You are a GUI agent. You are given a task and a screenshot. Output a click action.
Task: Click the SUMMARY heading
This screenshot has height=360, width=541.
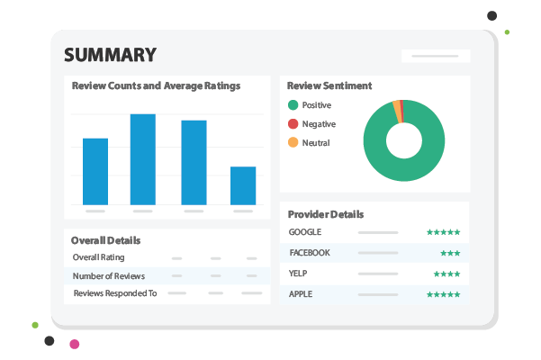109,55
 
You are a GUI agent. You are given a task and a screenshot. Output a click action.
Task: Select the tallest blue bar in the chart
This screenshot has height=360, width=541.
143,159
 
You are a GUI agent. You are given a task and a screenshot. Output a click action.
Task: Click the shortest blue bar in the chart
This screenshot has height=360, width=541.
243,185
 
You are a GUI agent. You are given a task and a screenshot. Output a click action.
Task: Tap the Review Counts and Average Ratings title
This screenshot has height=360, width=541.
156,86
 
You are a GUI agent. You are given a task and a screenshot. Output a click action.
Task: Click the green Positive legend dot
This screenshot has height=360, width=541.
292,105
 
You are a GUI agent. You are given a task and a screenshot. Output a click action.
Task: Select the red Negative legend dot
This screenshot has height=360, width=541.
292,124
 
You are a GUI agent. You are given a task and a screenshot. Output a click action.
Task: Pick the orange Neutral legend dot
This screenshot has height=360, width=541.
292,143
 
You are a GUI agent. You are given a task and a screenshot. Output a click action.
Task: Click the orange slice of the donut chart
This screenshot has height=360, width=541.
397,110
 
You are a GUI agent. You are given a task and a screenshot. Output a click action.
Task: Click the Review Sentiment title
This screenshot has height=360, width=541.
329,86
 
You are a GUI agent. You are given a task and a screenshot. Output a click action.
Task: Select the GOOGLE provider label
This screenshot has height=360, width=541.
305,232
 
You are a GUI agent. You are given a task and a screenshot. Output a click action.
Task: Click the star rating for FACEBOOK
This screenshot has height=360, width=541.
450,253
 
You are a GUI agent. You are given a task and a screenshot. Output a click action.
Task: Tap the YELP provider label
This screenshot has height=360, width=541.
299,274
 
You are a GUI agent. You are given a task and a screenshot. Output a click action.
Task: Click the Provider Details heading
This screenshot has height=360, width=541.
326,214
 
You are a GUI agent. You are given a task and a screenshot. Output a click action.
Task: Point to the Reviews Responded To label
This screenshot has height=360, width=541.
114,293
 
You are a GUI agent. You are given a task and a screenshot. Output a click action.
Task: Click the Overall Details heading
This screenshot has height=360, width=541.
106,240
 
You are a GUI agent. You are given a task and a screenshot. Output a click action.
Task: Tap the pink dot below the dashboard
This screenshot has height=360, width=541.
75,344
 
